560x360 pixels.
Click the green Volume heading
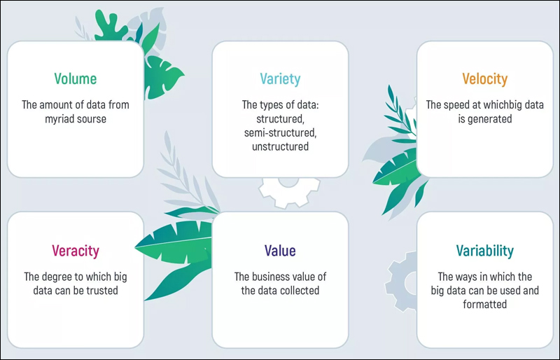pos(76,78)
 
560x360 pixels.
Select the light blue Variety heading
pos(280,79)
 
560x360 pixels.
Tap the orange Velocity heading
pos(484,79)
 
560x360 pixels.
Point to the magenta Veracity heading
pos(76,251)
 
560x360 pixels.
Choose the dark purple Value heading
pos(280,251)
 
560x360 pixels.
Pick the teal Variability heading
pos(484,251)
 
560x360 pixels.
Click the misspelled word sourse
pos(92,119)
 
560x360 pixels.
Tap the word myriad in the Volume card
pos(59,119)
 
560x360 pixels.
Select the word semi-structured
pos(281,132)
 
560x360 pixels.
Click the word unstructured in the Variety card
pos(281,146)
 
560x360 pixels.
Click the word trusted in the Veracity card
pos(101,290)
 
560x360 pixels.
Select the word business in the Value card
pos(274,277)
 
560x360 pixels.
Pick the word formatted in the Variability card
pos(484,304)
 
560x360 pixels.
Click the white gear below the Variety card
pos(289,192)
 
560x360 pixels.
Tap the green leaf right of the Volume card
pos(162,77)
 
